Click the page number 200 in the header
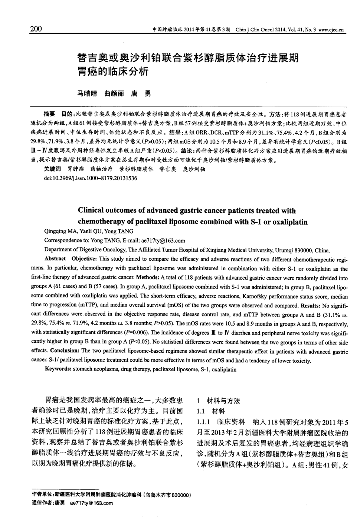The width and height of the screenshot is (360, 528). [36, 29]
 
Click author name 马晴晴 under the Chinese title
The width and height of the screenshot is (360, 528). [86, 94]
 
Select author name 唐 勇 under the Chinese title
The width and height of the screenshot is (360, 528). [141, 94]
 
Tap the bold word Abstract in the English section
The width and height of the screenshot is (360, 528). [55, 259]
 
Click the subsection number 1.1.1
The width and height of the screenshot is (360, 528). [204, 422]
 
